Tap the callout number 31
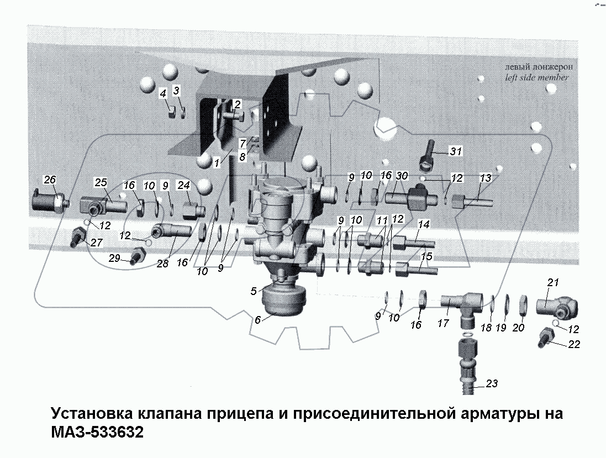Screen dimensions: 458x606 455,151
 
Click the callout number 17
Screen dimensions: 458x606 443,324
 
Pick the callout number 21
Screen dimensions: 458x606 553,283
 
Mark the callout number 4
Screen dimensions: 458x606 163,94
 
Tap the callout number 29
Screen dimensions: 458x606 114,259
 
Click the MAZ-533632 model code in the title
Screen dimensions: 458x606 97,431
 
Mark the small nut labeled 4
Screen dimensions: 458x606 172,113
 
